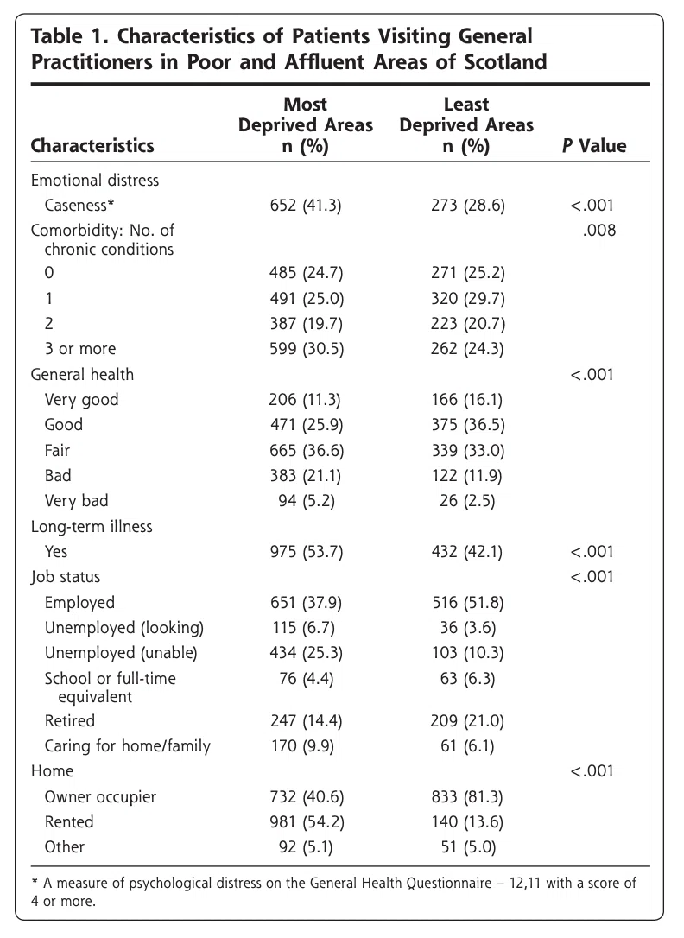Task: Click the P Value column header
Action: point(593,145)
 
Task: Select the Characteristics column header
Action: point(92,145)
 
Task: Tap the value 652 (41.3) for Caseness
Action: point(306,206)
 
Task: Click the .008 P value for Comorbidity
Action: point(598,231)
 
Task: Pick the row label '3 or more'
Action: point(80,349)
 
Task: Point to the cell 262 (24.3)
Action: point(467,349)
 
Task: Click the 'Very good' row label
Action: point(81,400)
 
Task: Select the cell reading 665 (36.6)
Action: point(306,451)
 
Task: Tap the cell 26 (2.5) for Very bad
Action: point(467,501)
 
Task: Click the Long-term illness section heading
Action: point(92,526)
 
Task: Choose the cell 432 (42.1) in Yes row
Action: point(467,552)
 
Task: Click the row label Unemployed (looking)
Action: point(123,628)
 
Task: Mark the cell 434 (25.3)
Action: point(306,653)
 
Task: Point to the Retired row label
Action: point(69,721)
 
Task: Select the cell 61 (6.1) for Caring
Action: point(467,746)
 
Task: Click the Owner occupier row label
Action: point(100,797)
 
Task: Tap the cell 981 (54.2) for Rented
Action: point(306,822)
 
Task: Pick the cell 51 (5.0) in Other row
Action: point(467,847)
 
